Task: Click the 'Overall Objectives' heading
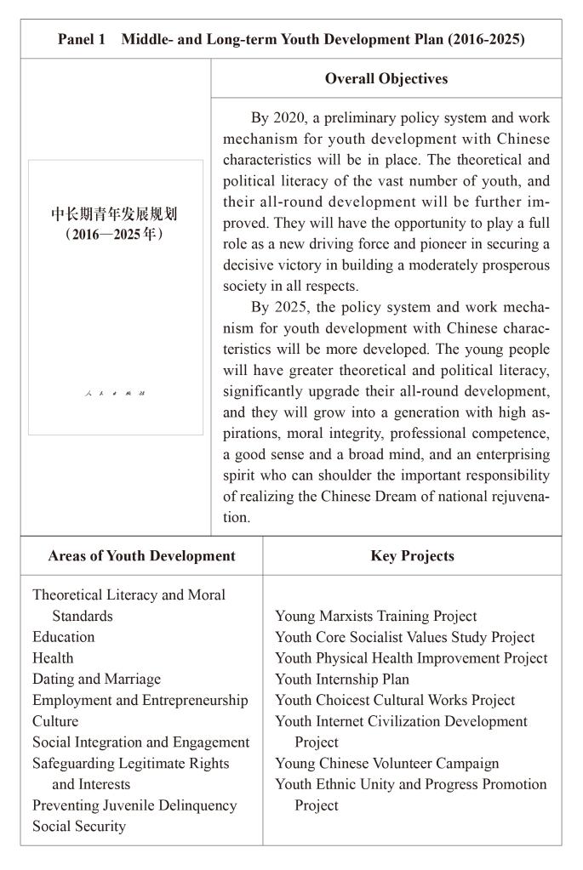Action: (386, 78)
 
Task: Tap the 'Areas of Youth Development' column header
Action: (142, 556)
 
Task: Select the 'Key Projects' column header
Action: (412, 556)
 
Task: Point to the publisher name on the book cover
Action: (116, 393)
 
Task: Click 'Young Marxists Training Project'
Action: (375, 616)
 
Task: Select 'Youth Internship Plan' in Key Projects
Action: (341, 679)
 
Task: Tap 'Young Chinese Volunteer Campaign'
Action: (386, 763)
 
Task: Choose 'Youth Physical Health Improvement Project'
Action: (411, 658)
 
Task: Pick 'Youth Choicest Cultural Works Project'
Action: (395, 700)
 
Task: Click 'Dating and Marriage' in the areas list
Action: (96, 679)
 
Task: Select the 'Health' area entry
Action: (53, 658)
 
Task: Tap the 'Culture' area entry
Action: (55, 721)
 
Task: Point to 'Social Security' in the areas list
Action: (79, 826)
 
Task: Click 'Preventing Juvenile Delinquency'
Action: (134, 805)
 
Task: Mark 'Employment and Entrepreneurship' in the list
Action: (140, 700)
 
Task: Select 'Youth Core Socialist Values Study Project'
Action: (405, 637)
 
